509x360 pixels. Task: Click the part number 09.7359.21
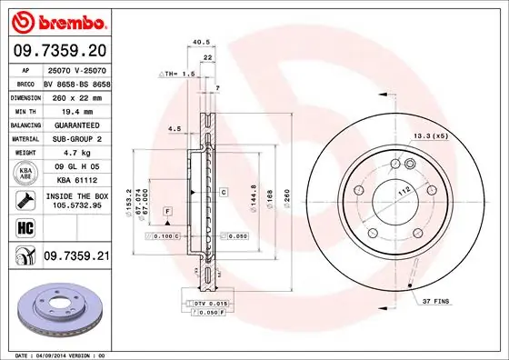[76, 258]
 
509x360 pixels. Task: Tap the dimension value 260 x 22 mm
[76, 96]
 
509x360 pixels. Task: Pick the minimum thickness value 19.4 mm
[76, 110]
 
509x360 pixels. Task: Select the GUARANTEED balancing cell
[76, 124]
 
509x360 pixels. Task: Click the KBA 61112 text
[76, 180]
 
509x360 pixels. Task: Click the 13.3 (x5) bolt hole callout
[430, 136]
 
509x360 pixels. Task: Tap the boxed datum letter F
[168, 211]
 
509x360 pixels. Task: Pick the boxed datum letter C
[222, 193]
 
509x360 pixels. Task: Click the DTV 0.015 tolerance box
[209, 301]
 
